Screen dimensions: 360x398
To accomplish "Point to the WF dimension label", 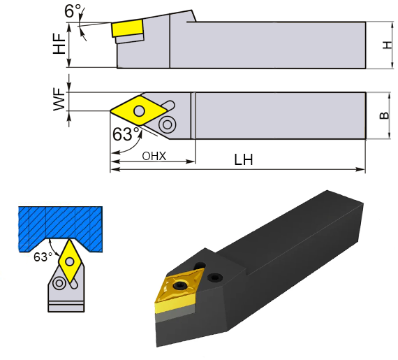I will point(59,102).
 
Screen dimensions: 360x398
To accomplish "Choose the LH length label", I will point(244,160).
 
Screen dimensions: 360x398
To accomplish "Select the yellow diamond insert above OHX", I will point(140,110).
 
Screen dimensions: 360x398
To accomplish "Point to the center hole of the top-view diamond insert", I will point(140,110).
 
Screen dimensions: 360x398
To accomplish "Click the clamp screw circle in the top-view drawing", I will point(167,125).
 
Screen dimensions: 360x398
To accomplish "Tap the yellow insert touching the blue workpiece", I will point(71,260).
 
